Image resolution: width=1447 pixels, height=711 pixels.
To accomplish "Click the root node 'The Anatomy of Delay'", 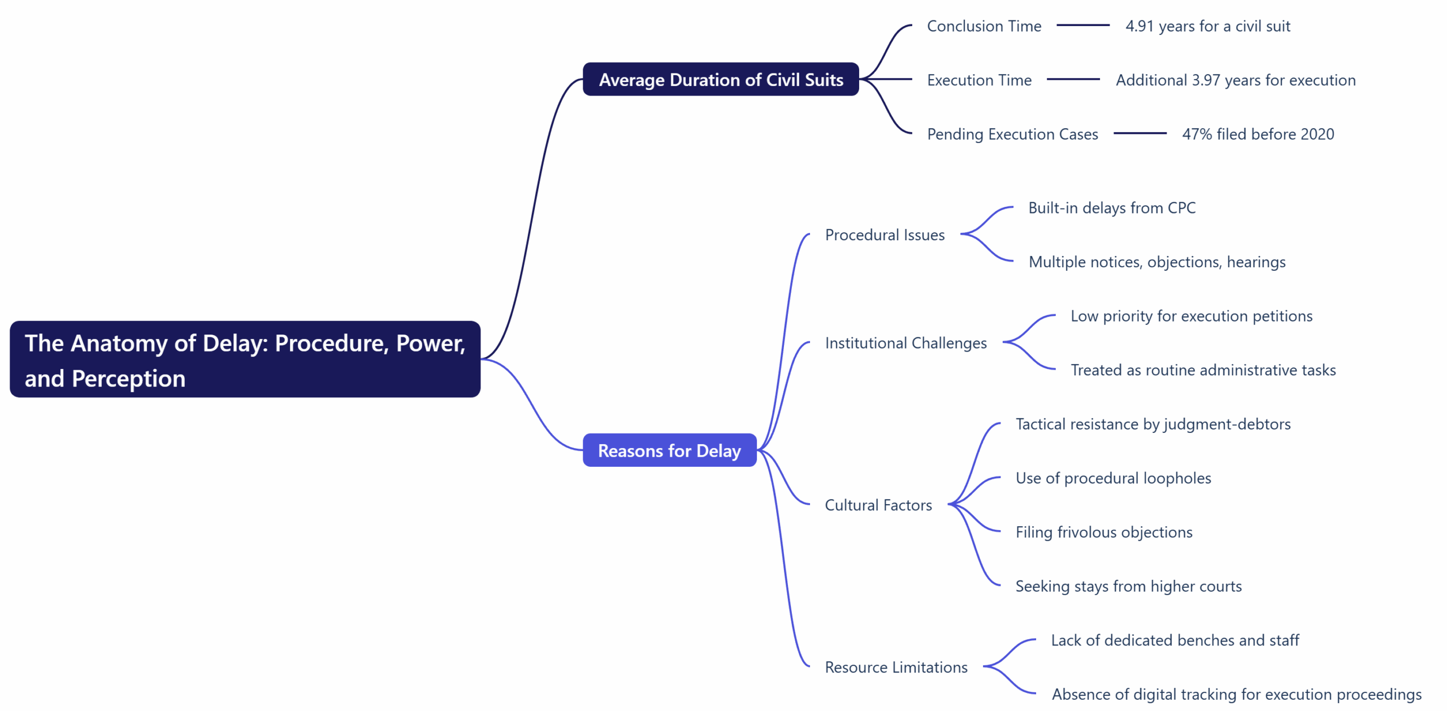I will (245, 359).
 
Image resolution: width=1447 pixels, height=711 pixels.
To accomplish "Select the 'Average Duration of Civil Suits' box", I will (721, 80).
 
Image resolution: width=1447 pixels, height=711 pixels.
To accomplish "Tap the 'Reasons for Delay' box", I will (669, 450).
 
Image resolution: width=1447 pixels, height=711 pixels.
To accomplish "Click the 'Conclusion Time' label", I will (984, 26).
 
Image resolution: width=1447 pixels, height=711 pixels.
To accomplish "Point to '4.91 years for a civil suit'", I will (1207, 26).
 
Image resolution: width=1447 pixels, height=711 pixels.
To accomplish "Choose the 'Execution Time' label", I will (979, 80).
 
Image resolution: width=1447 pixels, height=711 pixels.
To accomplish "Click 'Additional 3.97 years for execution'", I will (1235, 80).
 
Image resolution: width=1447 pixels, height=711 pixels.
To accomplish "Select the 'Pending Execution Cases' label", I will (1012, 134).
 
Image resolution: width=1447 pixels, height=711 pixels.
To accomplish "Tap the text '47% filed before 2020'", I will (1258, 134).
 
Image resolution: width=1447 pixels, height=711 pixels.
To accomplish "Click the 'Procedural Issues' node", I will (885, 235).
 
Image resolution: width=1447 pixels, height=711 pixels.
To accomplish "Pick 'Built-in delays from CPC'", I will (1111, 208).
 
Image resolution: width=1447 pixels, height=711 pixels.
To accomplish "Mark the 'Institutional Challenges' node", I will (906, 343).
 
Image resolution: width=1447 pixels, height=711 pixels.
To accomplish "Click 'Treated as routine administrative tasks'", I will (1203, 370).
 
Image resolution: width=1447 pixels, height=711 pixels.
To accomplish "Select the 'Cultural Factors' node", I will (878, 505).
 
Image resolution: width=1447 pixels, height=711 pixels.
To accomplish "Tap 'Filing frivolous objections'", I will (1103, 532).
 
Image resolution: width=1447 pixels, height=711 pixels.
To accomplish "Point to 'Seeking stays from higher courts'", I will (1128, 586).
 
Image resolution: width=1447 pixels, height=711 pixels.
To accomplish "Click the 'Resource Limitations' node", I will (896, 667).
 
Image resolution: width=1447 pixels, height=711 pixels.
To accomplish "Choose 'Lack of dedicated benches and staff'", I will (1175, 640).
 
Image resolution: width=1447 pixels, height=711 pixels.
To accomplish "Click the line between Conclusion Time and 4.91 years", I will (1082, 25).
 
